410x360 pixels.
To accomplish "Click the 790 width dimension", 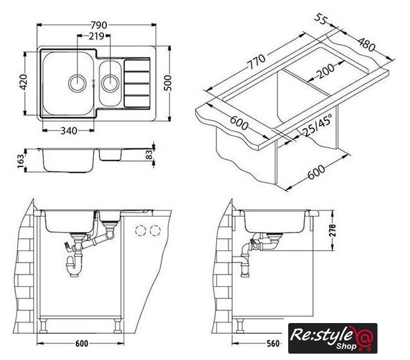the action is click(x=99, y=25).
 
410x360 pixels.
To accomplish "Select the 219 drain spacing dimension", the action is click(x=96, y=36).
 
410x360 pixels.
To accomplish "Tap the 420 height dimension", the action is click(x=24, y=82).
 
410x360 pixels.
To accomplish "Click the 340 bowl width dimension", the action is click(x=69, y=131).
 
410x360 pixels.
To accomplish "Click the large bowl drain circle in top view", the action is click(x=77, y=83).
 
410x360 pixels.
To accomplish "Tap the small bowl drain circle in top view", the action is click(x=110, y=83).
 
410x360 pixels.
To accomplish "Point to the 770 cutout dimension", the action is click(x=256, y=61).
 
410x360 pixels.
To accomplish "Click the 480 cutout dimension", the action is click(x=367, y=45).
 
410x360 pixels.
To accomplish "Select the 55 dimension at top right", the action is click(x=321, y=20).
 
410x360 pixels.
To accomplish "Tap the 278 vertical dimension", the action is click(x=332, y=230).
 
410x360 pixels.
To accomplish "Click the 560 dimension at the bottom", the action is click(x=274, y=343).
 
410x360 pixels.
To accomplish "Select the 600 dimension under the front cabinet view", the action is click(x=82, y=343).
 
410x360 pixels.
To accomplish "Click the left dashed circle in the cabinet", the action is click(x=141, y=231).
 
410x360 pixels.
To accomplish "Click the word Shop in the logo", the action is click(x=346, y=346).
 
